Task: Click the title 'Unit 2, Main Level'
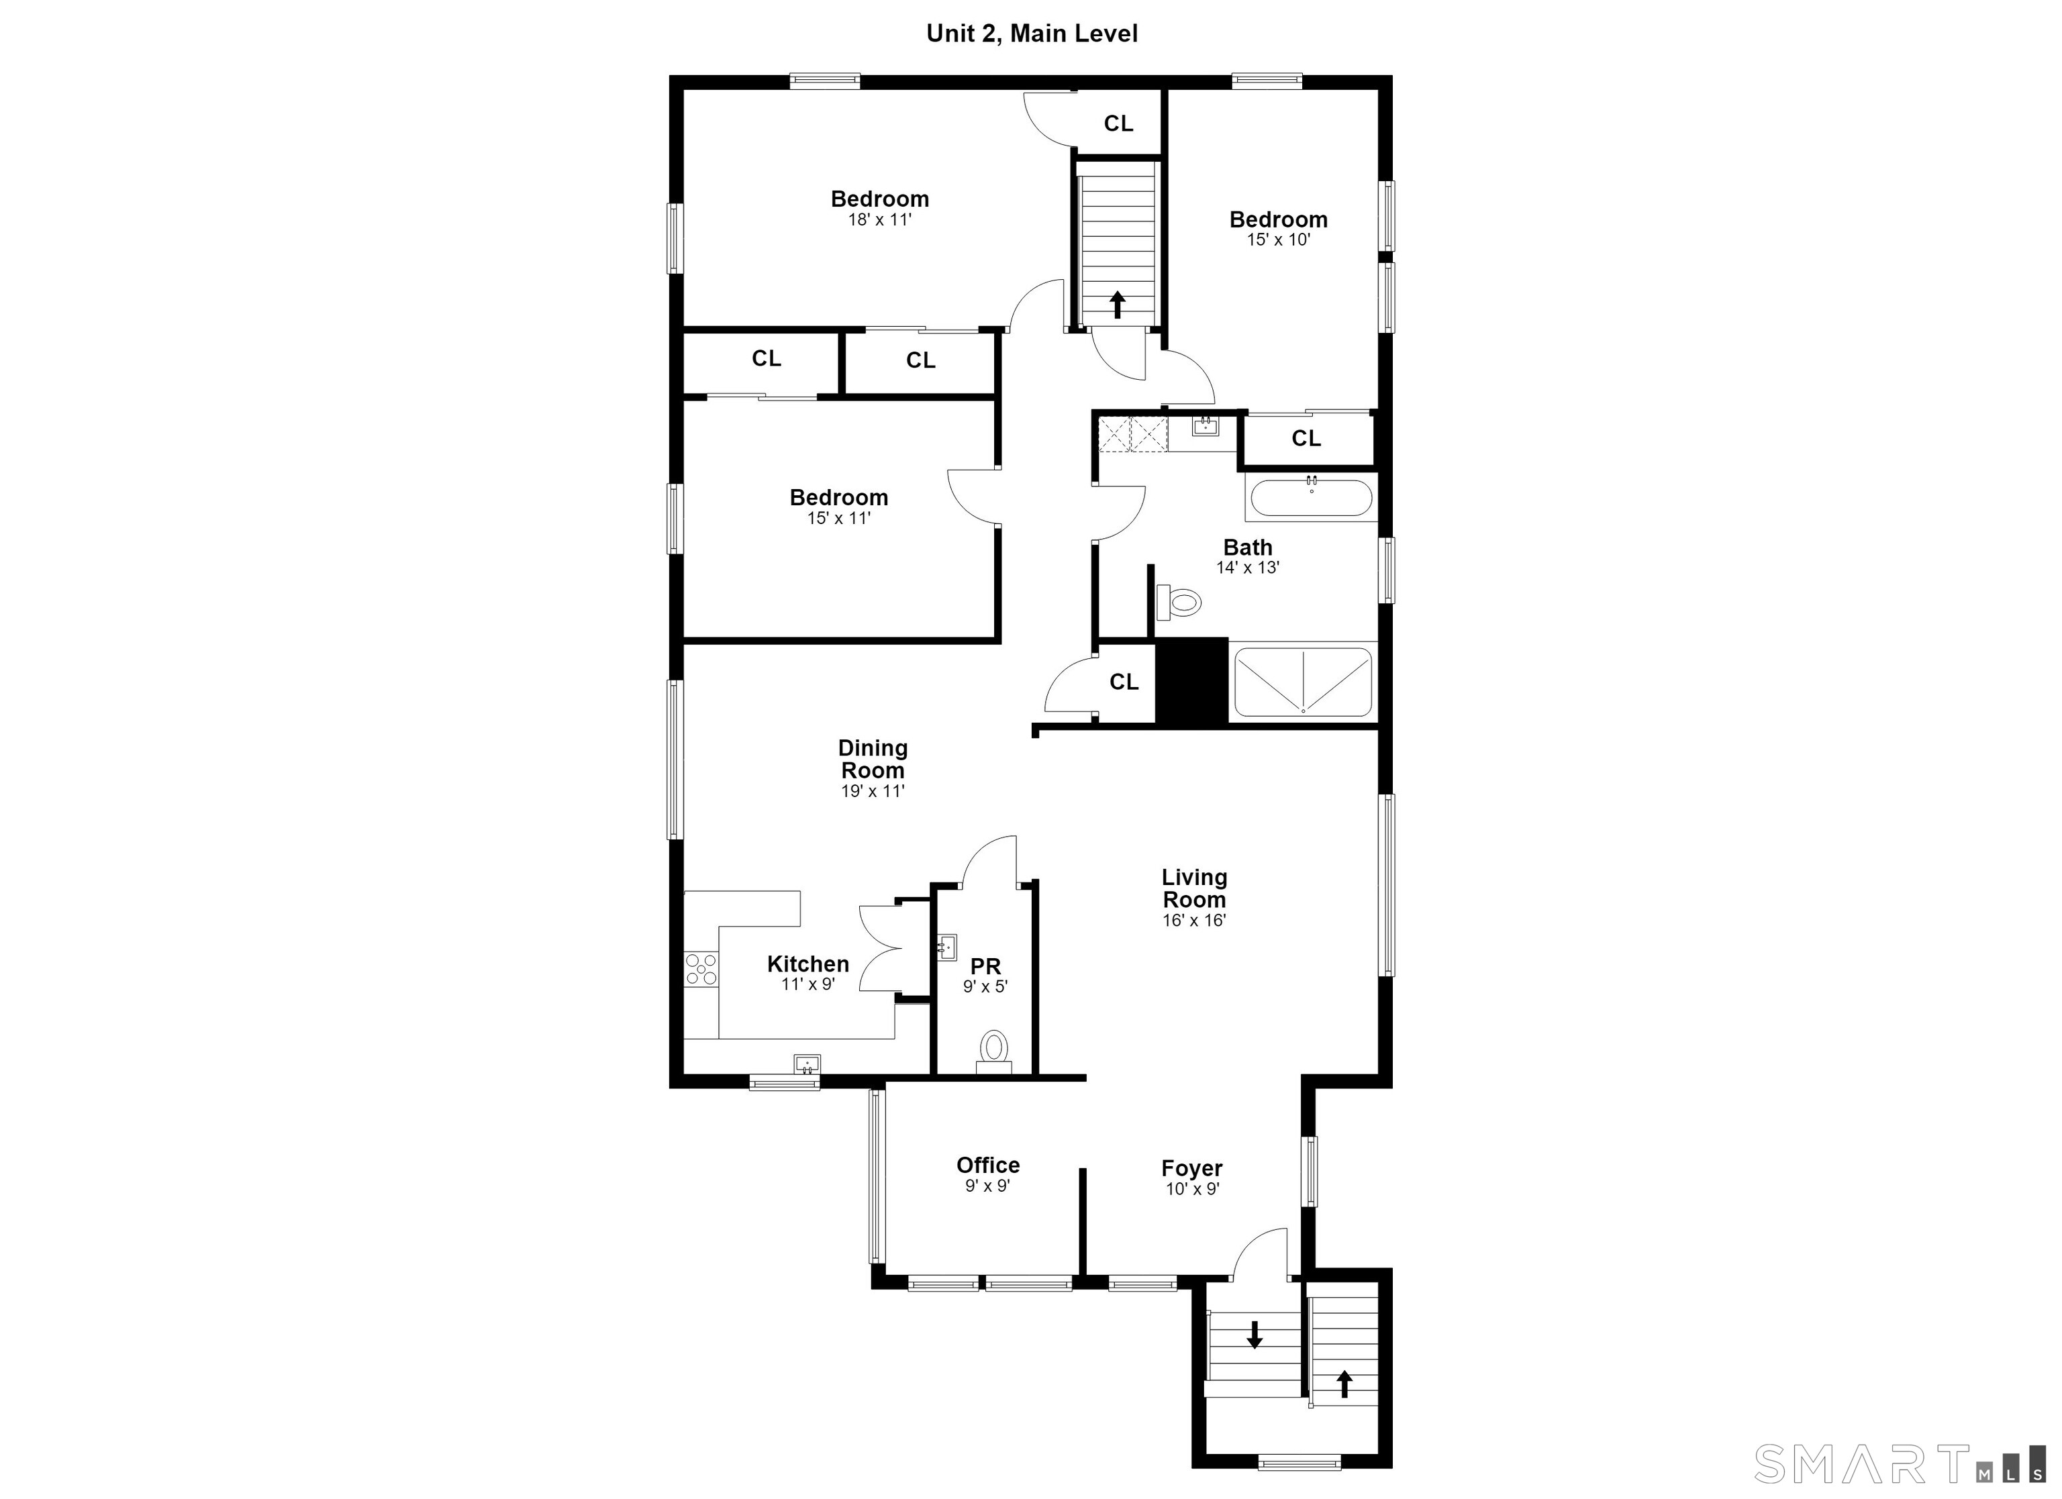pyautogui.click(x=1032, y=34)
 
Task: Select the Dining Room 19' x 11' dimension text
pyautogui.click(x=873, y=791)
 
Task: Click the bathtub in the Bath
pyautogui.click(x=1311, y=497)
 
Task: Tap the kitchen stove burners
pyautogui.click(x=701, y=968)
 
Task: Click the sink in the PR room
pyautogui.click(x=946, y=947)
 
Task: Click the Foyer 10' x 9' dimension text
pyautogui.click(x=1192, y=1189)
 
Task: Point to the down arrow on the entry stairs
pyautogui.click(x=1255, y=1333)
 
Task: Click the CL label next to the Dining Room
pyautogui.click(x=1124, y=682)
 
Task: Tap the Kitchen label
pyautogui.click(x=808, y=964)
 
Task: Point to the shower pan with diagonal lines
pyautogui.click(x=1303, y=682)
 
